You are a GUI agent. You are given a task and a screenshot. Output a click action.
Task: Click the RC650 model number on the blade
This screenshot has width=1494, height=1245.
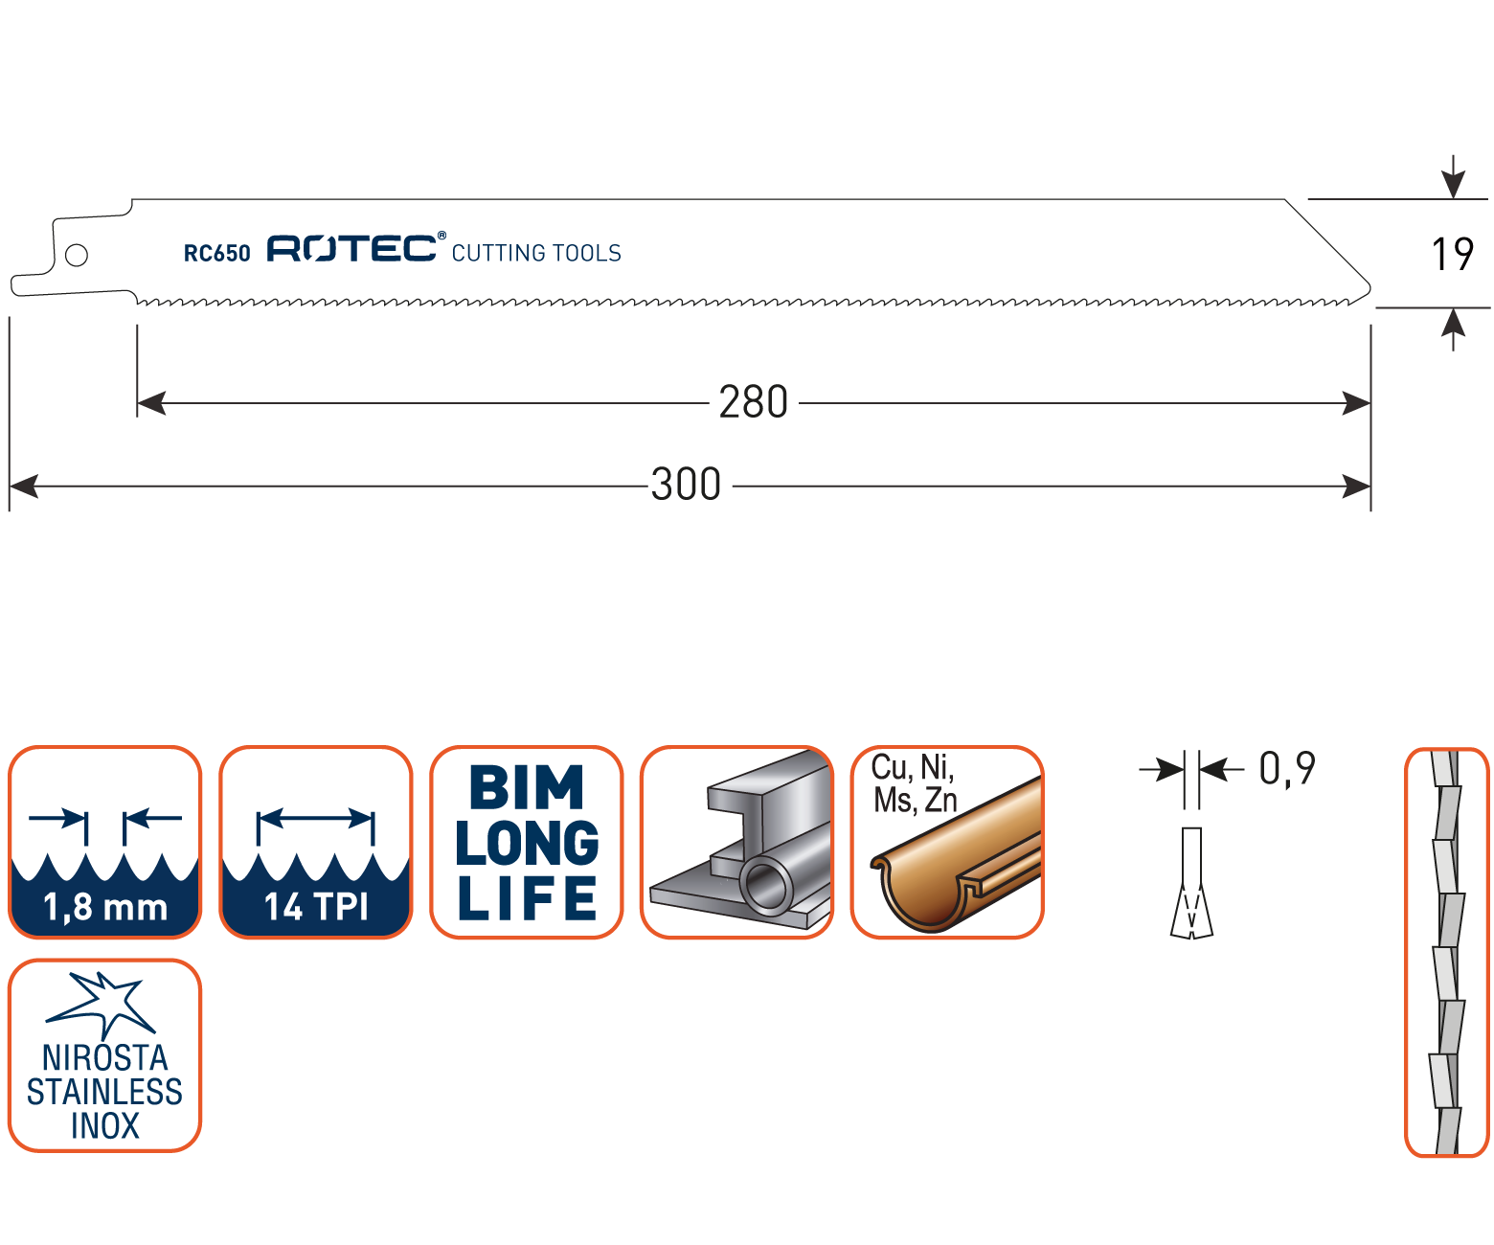[216, 253]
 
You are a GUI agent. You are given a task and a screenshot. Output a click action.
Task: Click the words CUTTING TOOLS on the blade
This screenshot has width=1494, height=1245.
[536, 253]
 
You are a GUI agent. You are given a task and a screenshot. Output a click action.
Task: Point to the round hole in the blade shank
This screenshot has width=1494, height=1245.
[77, 255]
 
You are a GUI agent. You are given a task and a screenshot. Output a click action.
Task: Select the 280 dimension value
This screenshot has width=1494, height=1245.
[754, 402]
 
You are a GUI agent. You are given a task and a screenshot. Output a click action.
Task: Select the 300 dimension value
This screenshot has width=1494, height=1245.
[686, 485]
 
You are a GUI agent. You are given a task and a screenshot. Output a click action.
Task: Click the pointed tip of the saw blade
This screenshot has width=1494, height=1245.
[1368, 288]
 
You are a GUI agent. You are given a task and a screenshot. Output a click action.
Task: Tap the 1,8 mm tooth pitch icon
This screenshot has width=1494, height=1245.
[105, 842]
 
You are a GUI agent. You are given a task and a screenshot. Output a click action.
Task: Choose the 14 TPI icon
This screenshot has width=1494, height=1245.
[316, 842]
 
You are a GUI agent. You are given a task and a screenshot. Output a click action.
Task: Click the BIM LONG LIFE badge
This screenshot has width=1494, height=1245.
[527, 842]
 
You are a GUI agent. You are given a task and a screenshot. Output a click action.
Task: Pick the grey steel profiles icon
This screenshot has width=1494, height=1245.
[736, 842]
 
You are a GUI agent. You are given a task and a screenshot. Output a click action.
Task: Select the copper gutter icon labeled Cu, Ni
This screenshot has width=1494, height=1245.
[947, 842]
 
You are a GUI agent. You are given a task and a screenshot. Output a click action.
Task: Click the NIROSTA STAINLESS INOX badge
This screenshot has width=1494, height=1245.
[105, 1054]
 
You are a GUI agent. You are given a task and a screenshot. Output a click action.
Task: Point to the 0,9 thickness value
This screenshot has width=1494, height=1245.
[1286, 768]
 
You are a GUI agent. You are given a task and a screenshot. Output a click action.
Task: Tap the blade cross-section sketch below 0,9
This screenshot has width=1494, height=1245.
[1192, 883]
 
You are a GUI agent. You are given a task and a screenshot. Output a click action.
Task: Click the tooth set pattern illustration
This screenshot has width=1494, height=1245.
[1446, 952]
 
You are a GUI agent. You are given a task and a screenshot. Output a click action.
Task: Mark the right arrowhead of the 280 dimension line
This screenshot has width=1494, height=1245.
[1357, 403]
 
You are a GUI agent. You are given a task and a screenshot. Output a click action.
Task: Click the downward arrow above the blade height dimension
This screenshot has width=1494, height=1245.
[1454, 180]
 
